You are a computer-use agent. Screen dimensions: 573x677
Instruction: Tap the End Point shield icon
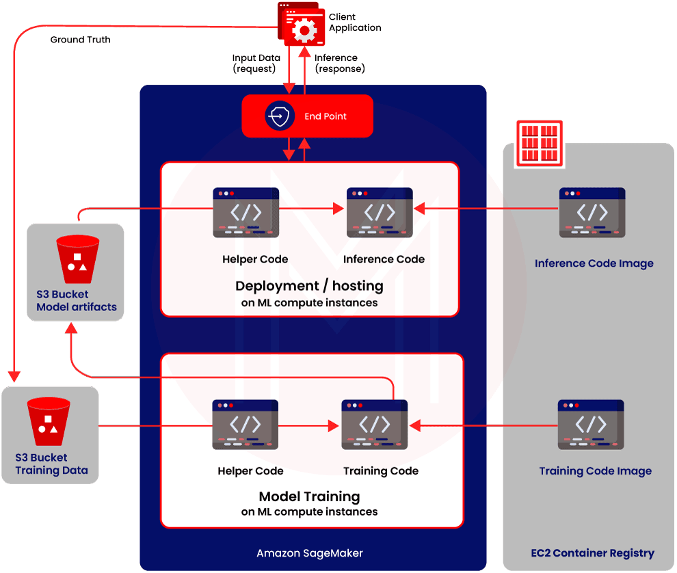(279, 117)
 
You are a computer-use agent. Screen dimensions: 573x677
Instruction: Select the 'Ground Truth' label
(80, 40)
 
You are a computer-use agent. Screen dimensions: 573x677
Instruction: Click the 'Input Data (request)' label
(256, 64)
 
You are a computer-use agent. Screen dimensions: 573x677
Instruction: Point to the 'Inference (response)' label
(339, 64)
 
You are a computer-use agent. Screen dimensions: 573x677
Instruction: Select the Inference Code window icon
(380, 213)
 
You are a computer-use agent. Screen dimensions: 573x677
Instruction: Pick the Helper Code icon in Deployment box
(246, 213)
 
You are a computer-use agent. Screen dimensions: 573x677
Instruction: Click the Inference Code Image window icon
(592, 213)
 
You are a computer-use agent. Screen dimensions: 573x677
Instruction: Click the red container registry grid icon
(539, 142)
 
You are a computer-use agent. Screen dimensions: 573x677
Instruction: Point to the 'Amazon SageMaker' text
(310, 553)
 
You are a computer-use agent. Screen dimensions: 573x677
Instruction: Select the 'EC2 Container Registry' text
(592, 553)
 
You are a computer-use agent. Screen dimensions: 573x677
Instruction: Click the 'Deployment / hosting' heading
(309, 286)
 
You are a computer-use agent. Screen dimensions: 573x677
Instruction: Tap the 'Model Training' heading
(309, 496)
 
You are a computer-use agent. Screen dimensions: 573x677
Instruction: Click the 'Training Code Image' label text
(595, 471)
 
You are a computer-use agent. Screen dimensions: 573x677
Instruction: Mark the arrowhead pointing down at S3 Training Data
(14, 376)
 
